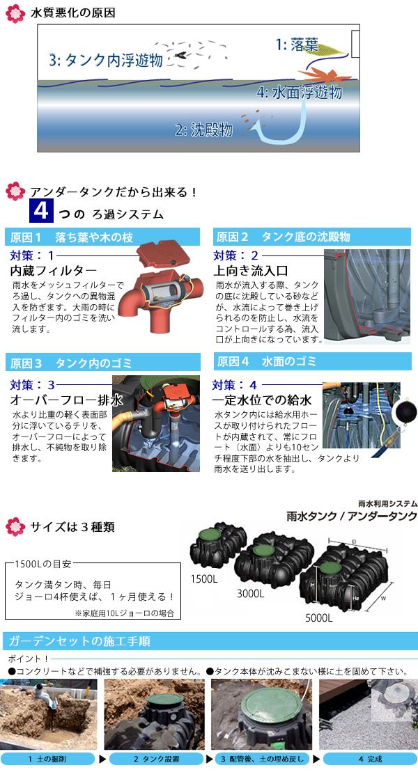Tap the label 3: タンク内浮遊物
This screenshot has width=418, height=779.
[106, 60]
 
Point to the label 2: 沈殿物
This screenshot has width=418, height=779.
[204, 130]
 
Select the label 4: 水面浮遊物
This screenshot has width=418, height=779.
[300, 93]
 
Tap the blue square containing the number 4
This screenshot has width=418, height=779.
[41, 210]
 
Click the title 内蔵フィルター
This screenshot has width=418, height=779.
[54, 271]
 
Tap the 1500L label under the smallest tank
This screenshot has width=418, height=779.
[204, 579]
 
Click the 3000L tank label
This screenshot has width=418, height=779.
[251, 593]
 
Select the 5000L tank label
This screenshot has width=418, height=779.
[318, 618]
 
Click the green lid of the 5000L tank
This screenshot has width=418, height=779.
[330, 568]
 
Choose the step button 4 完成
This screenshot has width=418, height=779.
[371, 759]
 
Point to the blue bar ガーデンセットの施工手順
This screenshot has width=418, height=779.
[209, 641]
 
